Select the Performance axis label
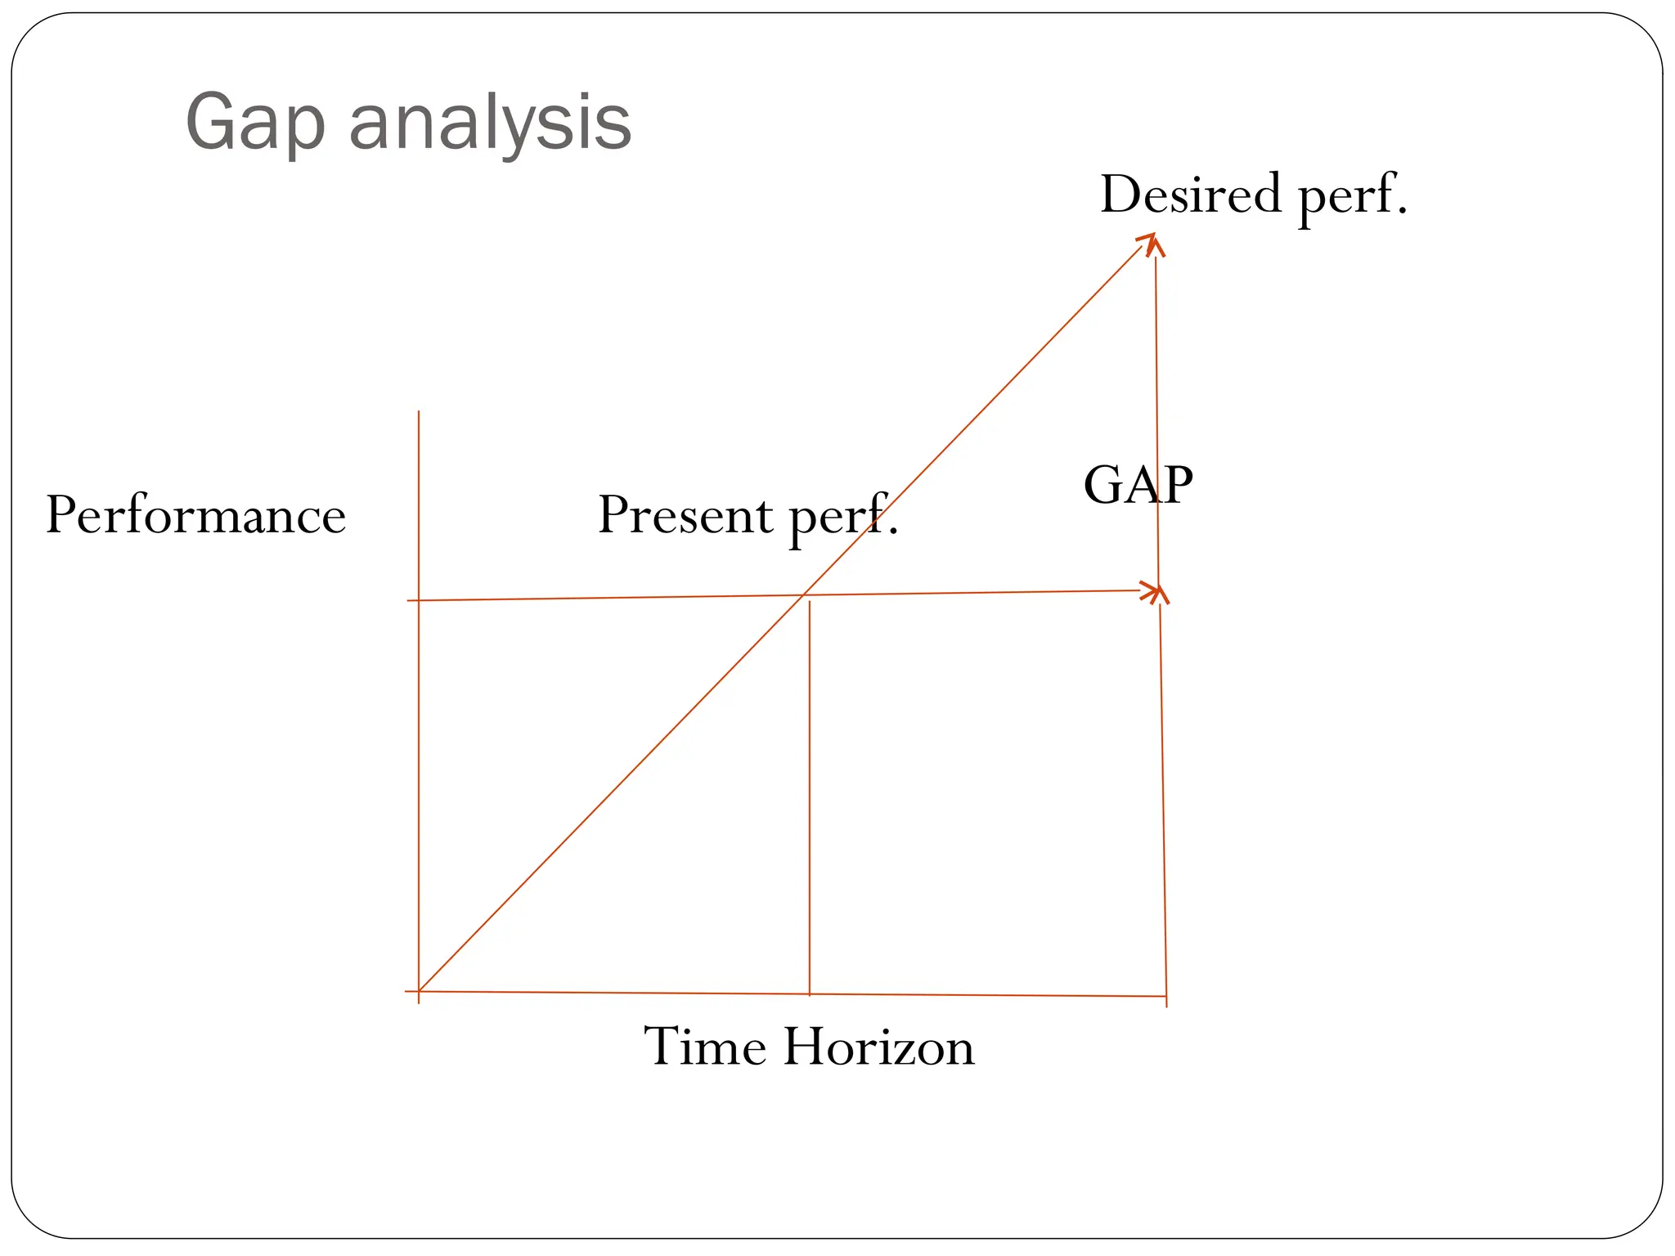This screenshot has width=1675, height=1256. pos(195,516)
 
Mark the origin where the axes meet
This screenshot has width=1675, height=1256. pos(419,992)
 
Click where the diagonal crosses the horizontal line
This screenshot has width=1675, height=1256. pos(804,595)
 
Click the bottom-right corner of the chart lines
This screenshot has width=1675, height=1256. pos(1165,996)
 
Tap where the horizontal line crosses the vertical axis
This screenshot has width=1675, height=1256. pos(419,600)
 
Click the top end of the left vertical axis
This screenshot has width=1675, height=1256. pos(419,413)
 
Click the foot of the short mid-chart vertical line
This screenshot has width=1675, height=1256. pos(809,994)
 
